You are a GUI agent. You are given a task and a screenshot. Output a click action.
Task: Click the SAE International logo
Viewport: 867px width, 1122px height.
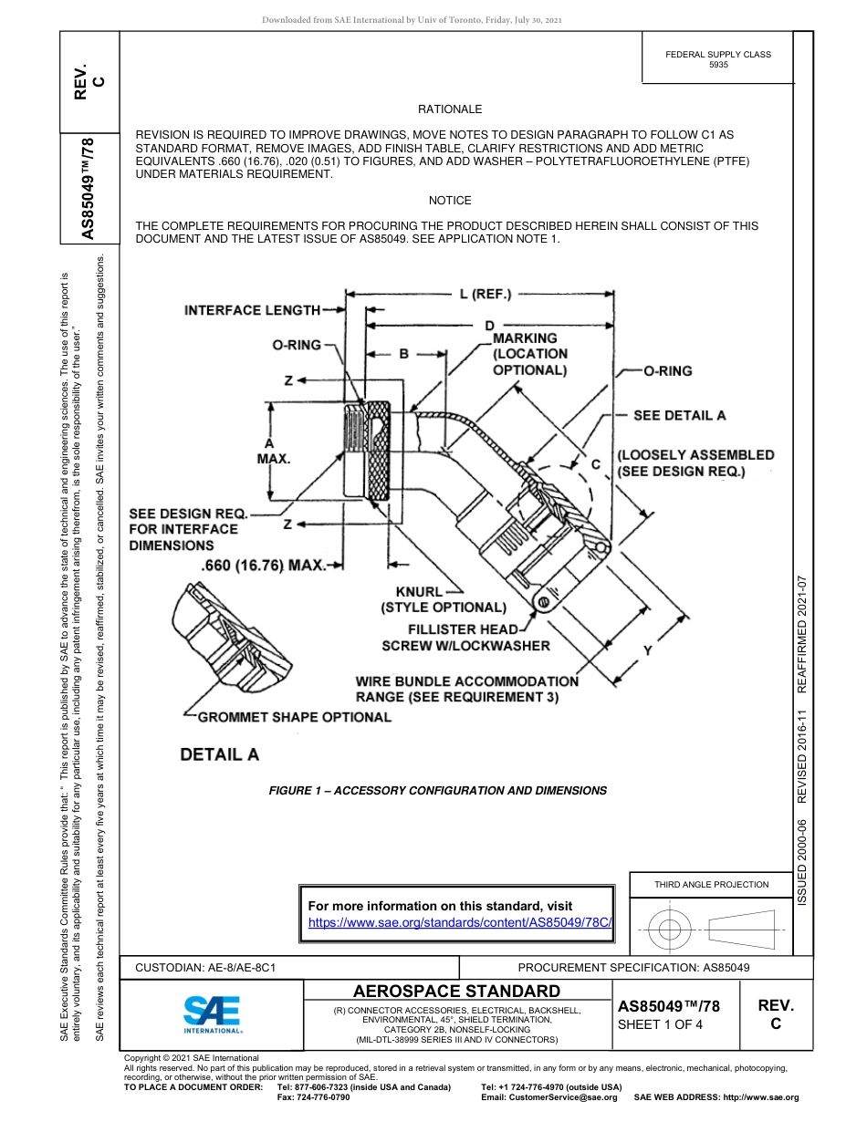(212, 1013)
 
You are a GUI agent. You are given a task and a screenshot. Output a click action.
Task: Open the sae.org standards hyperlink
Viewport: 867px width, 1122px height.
(459, 922)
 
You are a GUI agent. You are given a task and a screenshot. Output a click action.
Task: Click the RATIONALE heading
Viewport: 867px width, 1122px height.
(450, 109)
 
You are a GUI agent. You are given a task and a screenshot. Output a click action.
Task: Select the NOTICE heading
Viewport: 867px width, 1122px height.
(450, 201)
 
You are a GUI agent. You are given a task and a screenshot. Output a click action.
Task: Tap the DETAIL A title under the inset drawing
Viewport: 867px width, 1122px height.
(219, 754)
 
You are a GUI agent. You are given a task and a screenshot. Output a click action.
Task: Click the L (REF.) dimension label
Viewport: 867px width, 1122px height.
(485, 294)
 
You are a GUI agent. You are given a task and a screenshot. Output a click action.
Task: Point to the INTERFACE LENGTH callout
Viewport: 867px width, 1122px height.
(252, 310)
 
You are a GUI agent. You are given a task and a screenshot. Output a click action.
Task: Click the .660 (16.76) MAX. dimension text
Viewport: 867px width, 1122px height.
(263, 566)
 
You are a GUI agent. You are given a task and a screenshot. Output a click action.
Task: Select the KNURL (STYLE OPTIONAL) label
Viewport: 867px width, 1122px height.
(443, 599)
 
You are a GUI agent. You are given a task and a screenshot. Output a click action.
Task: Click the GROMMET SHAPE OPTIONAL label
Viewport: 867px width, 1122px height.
(294, 717)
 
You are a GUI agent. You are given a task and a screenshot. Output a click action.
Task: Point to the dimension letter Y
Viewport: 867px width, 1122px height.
(647, 650)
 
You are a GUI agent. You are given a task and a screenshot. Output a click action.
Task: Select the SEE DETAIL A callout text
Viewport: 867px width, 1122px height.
(680, 415)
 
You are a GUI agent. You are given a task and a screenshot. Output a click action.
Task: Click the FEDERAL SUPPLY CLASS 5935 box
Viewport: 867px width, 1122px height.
(718, 59)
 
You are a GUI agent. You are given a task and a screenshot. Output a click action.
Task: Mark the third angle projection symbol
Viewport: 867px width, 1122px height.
(711, 930)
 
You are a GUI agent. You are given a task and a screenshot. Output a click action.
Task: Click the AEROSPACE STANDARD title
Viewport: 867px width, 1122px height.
(456, 992)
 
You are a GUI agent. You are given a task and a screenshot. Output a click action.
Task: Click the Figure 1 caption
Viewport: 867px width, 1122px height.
(437, 791)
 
